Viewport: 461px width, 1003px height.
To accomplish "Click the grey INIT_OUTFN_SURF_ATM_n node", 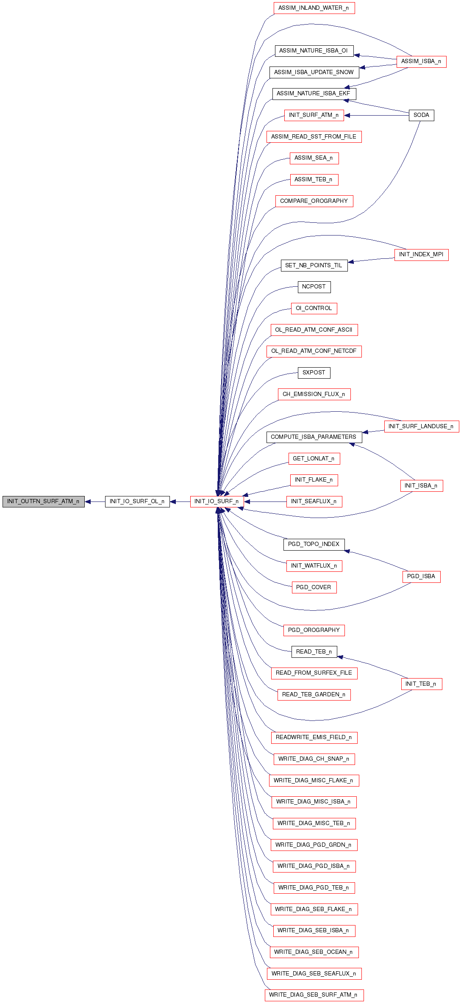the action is point(44,501).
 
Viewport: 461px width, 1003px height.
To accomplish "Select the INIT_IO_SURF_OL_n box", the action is point(137,501).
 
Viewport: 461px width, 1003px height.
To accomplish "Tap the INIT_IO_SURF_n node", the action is point(217,501).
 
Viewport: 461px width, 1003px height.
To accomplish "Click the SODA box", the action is point(422,115).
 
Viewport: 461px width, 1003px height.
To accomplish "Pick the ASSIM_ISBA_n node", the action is point(422,61).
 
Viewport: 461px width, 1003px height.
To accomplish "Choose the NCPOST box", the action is point(314,287).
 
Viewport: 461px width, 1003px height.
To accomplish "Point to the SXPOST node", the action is point(314,373).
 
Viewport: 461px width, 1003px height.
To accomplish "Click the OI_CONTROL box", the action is point(314,308).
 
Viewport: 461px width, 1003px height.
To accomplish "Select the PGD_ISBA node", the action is point(422,576).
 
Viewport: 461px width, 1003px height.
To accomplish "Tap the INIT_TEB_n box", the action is point(422,684).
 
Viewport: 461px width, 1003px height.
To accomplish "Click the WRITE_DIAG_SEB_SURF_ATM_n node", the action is point(314,995).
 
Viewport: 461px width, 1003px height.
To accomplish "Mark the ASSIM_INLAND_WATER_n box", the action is point(314,8).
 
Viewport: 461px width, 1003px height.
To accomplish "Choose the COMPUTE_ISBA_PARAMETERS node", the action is point(314,437).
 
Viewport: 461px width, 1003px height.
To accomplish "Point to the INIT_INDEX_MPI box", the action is point(422,255).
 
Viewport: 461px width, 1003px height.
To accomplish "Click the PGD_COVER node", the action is point(314,587).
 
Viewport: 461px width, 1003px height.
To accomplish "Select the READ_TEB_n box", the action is point(314,652).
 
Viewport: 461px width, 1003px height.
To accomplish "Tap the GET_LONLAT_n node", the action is point(314,459).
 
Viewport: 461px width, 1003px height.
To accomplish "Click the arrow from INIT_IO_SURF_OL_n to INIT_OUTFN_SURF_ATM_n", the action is point(95,502).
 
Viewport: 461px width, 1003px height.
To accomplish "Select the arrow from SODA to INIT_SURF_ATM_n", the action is point(376,115).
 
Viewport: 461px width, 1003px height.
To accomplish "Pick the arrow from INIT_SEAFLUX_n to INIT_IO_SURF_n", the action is point(265,502).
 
